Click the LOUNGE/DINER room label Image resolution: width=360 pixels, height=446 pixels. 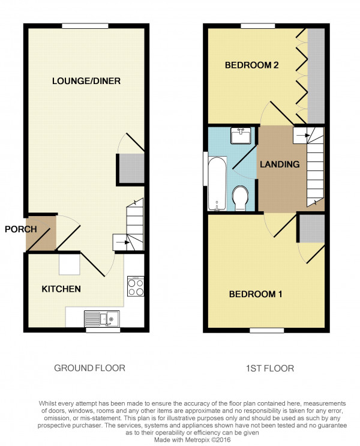pos(86,81)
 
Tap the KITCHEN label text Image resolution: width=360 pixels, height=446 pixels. pos(61,289)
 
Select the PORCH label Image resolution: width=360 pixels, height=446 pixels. pos(21,229)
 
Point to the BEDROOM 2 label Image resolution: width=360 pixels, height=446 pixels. pos(251,65)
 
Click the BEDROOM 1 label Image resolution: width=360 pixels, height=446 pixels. pos(256,294)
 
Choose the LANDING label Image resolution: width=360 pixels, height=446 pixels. pos(280,164)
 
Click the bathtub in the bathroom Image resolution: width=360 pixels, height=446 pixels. pos(218,184)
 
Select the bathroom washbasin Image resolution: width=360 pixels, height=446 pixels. pos(241,136)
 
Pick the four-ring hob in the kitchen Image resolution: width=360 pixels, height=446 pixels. pos(136,286)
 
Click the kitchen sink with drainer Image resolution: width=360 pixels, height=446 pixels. pos(102,319)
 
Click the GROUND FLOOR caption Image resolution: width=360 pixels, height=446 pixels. pos(89,368)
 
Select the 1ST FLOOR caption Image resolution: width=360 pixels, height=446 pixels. pos(270,369)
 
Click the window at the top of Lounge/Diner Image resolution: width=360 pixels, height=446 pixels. pos(85,26)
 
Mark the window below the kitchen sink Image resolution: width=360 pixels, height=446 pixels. pos(103,330)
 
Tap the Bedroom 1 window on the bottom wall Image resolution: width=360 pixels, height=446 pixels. pos(267,330)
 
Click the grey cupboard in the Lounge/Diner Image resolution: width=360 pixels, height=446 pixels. pos(131,169)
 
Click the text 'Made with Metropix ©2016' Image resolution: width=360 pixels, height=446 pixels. pos(193,440)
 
